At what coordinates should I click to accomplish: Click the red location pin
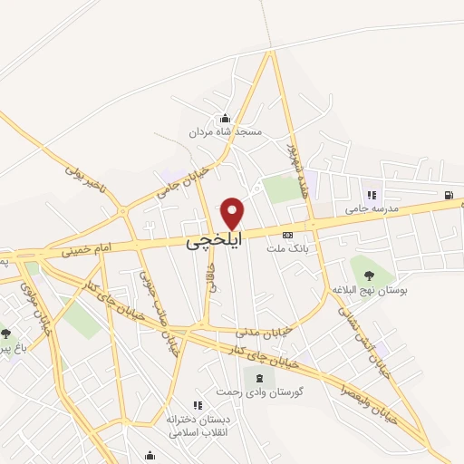(x=233, y=213)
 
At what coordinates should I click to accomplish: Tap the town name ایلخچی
(x=215, y=243)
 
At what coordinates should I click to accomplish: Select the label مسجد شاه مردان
(x=225, y=132)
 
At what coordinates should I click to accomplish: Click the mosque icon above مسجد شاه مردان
(x=225, y=118)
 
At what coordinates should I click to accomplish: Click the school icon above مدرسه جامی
(x=371, y=194)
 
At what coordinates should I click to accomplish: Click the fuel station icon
(x=448, y=195)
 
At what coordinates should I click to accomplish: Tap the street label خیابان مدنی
(x=264, y=333)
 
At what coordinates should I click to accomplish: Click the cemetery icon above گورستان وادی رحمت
(x=259, y=377)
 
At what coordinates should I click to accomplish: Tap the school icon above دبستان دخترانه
(x=198, y=405)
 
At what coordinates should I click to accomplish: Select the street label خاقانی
(x=213, y=278)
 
